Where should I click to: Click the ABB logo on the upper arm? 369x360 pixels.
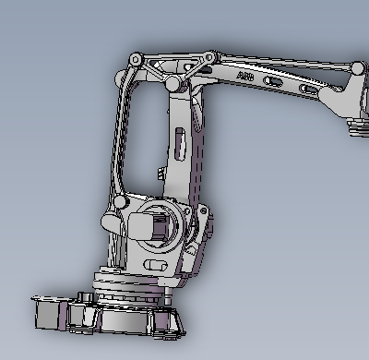click(x=245, y=76)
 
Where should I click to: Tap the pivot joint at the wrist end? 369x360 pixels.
click(x=358, y=68)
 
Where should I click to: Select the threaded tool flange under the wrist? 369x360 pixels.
click(x=359, y=127)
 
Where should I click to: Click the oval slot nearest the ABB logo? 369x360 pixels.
click(x=272, y=81)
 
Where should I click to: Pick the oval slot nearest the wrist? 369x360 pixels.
click(x=309, y=90)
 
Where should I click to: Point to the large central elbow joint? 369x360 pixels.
click(x=173, y=83)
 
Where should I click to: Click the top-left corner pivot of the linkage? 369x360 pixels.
click(x=136, y=59)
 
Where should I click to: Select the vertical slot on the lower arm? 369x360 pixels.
click(x=180, y=144)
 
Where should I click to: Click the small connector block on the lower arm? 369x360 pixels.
click(x=161, y=174)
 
